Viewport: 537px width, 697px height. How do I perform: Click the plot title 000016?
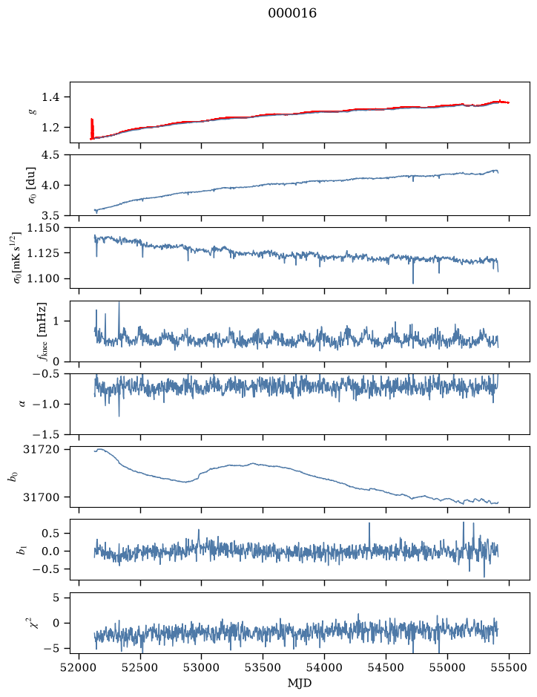291,13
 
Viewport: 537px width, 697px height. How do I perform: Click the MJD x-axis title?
300,683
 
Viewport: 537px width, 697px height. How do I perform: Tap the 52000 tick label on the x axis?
79,667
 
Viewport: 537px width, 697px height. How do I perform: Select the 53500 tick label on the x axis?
263,667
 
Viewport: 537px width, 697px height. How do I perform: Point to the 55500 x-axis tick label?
509,667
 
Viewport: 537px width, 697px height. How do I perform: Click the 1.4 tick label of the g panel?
50,97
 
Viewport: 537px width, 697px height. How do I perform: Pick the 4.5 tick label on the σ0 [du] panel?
50,155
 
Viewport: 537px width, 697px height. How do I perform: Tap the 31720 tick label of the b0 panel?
41,449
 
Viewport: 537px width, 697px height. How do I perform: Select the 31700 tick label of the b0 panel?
41,497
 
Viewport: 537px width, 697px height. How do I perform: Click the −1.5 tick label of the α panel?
46,434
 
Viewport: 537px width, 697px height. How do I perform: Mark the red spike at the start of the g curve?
92,128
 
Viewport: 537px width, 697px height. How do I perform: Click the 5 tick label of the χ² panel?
56,598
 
